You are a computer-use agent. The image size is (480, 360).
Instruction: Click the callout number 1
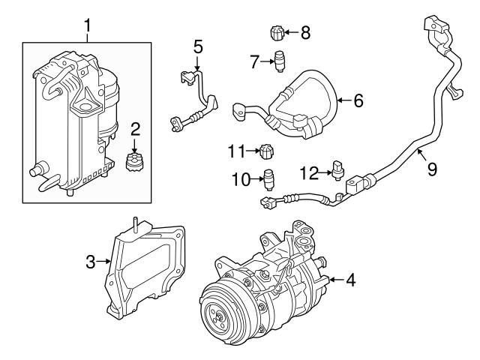pos(88,28)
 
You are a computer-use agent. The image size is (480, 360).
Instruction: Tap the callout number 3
pos(90,262)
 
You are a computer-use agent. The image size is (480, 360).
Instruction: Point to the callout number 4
pos(350,280)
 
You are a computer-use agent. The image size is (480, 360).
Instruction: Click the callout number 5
pos(198,46)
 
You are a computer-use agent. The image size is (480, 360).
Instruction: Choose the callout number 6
pos(358,100)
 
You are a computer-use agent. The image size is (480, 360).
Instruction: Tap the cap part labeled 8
pos(276,33)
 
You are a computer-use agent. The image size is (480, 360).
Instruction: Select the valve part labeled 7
pos(280,61)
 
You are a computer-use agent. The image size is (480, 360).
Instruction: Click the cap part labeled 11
pos(265,154)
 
